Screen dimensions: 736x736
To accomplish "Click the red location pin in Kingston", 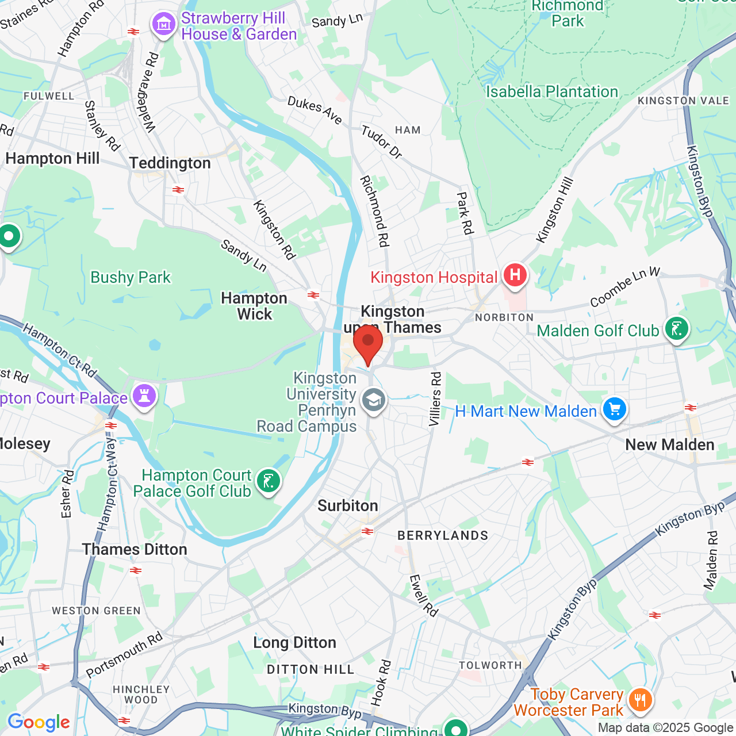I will click(x=368, y=343).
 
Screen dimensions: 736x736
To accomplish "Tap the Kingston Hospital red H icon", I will click(x=515, y=275).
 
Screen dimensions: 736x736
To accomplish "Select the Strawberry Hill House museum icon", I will click(x=164, y=25).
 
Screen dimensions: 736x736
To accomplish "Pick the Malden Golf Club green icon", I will click(x=676, y=329).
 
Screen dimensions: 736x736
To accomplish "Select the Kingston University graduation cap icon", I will click(x=374, y=400).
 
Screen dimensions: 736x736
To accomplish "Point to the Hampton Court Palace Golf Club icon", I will click(x=268, y=481).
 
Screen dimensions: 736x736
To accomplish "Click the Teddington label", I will click(x=170, y=163).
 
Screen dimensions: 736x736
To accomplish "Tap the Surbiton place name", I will click(x=348, y=505).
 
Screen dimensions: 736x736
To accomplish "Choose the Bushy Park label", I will click(x=131, y=278).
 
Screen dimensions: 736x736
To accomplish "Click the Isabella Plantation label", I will click(x=552, y=92).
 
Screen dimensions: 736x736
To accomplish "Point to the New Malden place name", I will click(x=669, y=444).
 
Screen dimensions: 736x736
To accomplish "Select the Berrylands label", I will click(x=443, y=536).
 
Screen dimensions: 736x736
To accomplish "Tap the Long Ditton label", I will click(x=294, y=642).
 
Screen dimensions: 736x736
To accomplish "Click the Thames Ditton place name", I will click(x=135, y=549).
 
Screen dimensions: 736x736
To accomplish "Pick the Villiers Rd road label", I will click(x=436, y=399).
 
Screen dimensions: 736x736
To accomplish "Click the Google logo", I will click(x=39, y=722).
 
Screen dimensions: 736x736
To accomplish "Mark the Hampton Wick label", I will click(x=254, y=306).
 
